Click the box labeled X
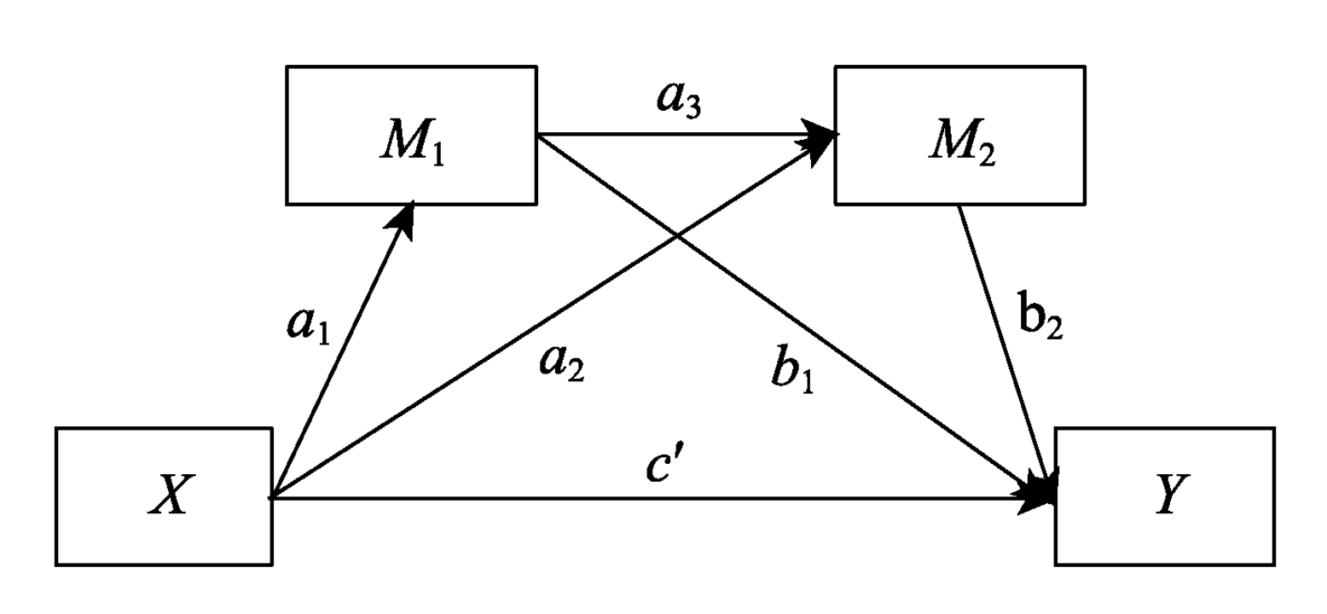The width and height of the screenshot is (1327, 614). tap(165, 496)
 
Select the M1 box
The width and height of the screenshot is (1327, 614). tap(410, 136)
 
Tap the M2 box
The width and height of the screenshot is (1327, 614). tap(959, 136)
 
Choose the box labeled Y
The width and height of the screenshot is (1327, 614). tap(1165, 496)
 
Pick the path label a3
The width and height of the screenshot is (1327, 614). tap(679, 100)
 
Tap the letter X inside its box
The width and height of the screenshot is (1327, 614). tap(166, 497)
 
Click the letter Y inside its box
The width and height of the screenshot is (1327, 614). tap(1166, 497)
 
